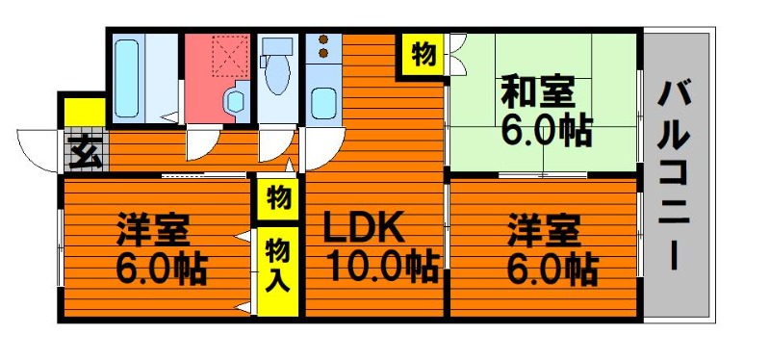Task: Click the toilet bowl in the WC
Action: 277,75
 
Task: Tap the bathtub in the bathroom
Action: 127,79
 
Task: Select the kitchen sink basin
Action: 323,104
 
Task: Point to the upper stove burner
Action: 323,39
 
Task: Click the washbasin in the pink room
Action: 235,102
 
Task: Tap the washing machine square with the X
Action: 230,56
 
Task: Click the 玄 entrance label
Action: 86,152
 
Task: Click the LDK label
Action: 364,227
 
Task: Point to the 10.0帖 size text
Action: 384,266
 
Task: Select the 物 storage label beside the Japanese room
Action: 423,54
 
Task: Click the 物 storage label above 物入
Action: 279,197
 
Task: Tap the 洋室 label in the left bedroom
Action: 153,229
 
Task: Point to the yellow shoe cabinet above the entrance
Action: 85,112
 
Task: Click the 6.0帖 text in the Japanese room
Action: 547,130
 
